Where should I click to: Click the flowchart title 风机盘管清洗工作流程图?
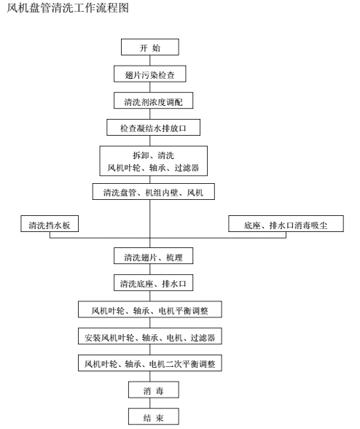(68, 8)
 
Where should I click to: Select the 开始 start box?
(150, 47)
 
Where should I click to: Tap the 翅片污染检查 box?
(150, 74)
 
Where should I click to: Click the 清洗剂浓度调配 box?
(153, 101)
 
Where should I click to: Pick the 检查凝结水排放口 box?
(153, 127)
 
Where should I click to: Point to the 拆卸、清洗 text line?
(153, 155)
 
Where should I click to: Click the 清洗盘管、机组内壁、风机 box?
(153, 191)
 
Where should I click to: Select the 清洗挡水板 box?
(50, 223)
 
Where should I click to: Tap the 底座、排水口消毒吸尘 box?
(286, 223)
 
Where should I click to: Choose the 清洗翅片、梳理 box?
(153, 256)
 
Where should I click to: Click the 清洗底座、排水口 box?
(153, 282)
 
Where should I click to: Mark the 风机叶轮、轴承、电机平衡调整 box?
(150, 309)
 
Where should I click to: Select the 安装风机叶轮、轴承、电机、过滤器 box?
(150, 336)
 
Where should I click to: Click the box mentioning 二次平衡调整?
(150, 363)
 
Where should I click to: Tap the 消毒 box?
(154, 390)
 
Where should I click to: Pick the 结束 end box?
(154, 417)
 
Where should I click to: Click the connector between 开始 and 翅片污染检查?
(150, 61)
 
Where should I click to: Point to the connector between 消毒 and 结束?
(150, 403)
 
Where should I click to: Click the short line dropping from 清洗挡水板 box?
(50, 235)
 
